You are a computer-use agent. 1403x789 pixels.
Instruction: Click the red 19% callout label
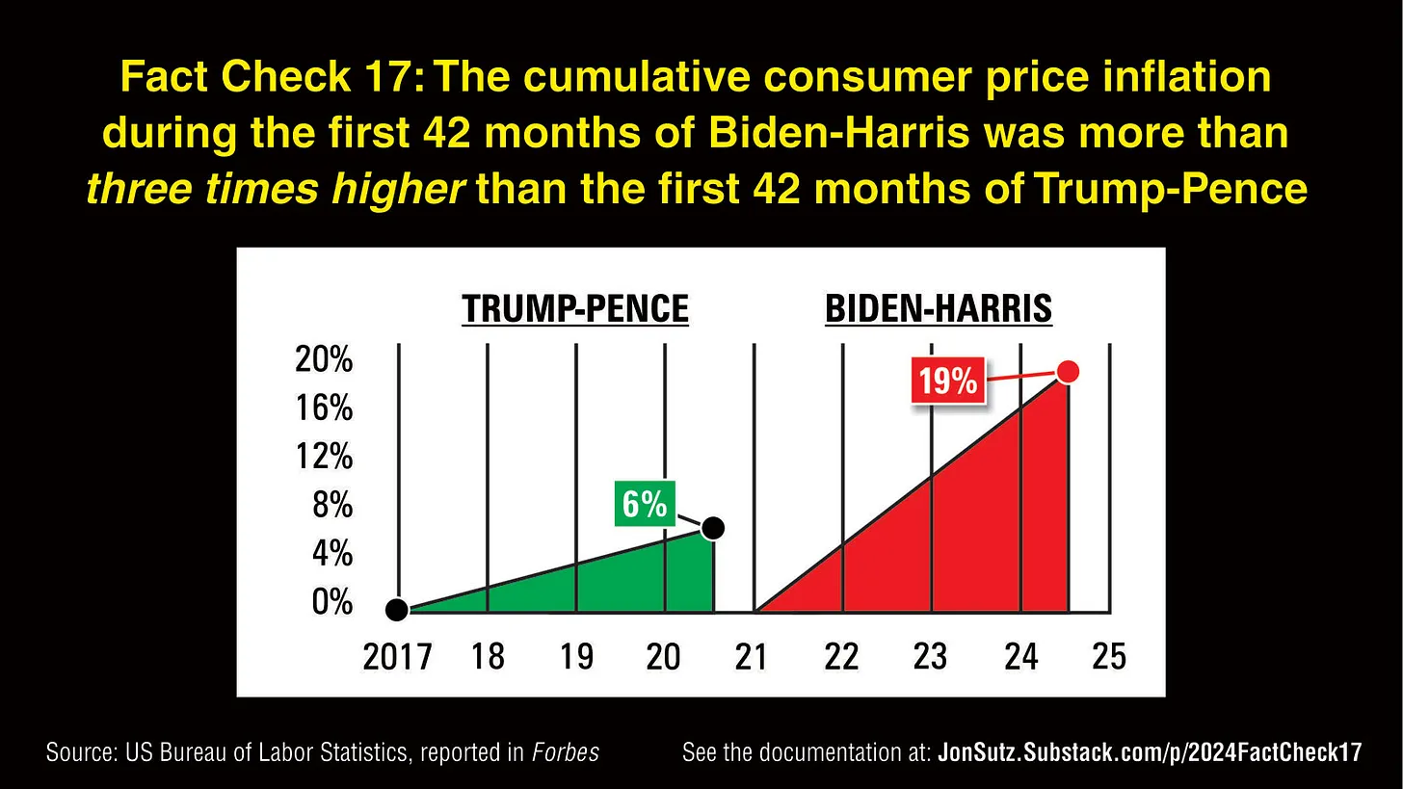948,381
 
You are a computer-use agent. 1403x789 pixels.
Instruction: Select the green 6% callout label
645,503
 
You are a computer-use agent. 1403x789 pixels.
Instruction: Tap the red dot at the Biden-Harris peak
1067,372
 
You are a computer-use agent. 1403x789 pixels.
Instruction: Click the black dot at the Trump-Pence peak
713,528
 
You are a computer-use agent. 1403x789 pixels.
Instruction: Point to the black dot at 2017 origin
396,610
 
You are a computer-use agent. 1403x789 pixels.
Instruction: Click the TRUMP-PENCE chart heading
575,309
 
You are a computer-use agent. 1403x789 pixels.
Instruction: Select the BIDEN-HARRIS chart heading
939,309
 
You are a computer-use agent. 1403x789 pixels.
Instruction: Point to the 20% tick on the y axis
324,360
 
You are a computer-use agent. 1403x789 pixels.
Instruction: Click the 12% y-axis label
324,456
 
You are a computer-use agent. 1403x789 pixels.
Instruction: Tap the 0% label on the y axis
331,602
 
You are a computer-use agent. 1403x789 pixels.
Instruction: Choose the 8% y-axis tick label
332,505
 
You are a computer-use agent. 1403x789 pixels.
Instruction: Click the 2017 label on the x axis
397,657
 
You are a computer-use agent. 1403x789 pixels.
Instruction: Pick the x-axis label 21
752,657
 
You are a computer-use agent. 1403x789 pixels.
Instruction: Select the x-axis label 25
1109,656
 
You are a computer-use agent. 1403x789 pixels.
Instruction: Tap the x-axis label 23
931,656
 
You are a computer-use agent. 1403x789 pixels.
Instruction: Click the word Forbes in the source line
566,752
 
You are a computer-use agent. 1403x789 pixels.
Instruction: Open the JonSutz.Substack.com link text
1150,752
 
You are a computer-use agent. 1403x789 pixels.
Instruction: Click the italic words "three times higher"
276,189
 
